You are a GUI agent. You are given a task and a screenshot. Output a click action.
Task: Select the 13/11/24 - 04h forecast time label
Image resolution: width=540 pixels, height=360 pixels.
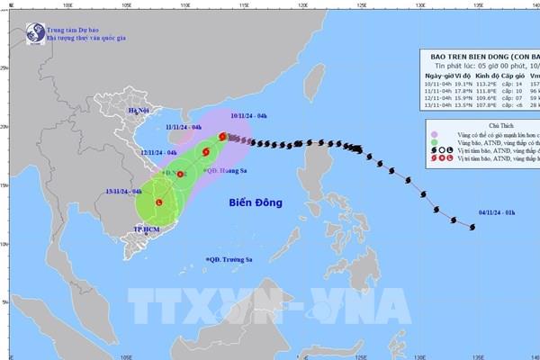(x=125, y=191)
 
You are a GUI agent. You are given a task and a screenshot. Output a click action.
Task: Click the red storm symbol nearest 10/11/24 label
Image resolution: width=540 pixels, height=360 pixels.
(x=222, y=137)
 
